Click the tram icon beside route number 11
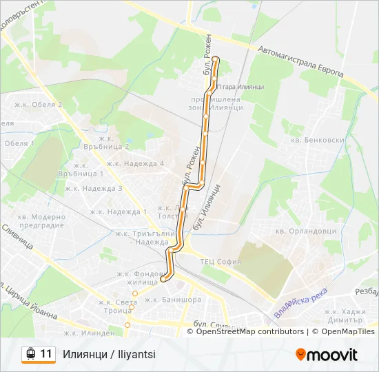[30, 354]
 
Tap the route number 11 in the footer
[46, 354]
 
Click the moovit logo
[327, 355]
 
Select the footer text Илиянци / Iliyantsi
[109, 354]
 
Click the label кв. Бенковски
[318, 140]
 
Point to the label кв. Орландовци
[303, 231]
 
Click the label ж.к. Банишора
[173, 300]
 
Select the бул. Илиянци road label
[207, 207]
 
